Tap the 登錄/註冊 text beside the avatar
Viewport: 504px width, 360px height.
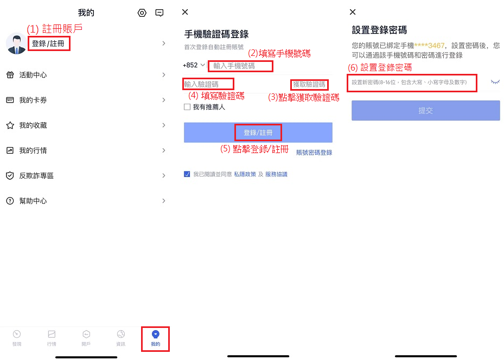click(48, 43)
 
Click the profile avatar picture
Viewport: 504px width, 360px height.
click(16, 43)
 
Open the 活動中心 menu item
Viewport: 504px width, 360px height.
click(33, 75)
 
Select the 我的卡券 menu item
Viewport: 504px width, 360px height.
click(33, 100)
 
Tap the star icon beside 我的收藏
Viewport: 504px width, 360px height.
click(10, 125)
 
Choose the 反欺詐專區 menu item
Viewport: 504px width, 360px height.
click(36, 176)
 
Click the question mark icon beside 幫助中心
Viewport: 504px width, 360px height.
click(10, 201)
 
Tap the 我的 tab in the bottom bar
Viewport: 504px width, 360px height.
click(156, 338)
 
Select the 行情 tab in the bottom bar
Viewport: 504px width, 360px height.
click(52, 338)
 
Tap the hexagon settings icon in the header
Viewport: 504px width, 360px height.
click(142, 13)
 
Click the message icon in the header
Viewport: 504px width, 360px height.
click(160, 13)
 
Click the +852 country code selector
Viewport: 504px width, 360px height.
click(194, 65)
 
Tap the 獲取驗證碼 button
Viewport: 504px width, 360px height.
click(309, 85)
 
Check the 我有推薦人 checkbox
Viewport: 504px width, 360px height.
click(187, 107)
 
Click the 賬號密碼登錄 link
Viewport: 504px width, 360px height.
click(314, 153)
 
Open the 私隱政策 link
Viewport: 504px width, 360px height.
click(245, 174)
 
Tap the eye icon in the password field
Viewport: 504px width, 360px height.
click(495, 82)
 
